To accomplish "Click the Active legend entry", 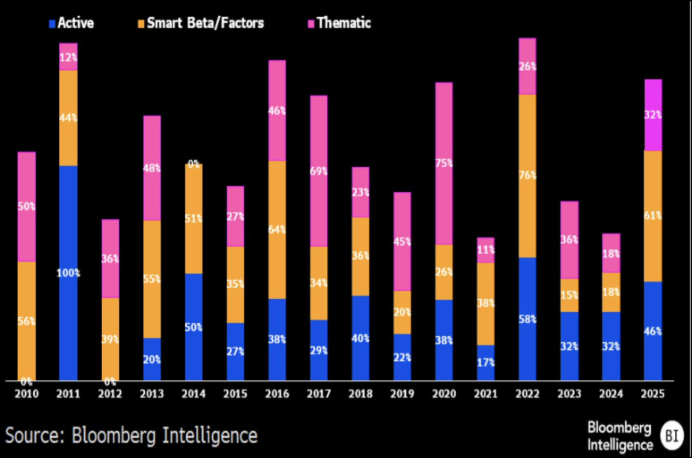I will [71, 23].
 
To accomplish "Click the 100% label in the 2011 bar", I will [68, 273].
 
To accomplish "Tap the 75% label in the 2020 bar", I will [444, 163].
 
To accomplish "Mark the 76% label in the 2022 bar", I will [527, 175].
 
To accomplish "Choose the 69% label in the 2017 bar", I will [318, 171].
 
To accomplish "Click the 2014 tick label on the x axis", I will [193, 394].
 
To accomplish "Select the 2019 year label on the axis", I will [402, 394].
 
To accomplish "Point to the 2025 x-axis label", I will [653, 394].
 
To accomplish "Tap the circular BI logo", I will [670, 436].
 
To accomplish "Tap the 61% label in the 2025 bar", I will [653, 216].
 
